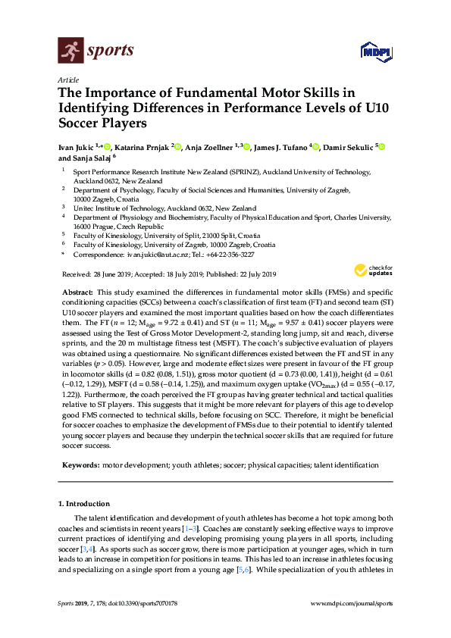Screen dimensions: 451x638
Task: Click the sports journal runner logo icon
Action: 72,52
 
